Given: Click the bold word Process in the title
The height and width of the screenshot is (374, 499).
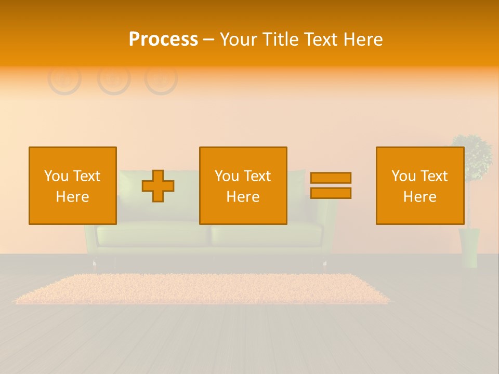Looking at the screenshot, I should coord(163,39).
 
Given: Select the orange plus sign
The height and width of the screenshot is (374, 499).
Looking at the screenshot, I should coord(158,186).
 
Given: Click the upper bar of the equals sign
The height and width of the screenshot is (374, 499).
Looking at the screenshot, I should coord(331,178).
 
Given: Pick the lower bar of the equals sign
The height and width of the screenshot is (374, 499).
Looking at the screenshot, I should coord(331,193).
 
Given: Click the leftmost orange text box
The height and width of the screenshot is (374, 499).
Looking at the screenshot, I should coord(73,156).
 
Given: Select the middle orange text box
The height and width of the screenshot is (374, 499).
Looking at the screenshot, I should coord(243,156).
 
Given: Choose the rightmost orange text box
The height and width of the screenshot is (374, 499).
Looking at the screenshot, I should coord(420,156).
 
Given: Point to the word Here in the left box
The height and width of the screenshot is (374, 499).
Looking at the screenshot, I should coord(72,197).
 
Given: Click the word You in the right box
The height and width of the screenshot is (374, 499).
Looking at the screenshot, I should coord(403,176).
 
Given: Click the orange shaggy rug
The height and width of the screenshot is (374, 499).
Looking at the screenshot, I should coord(203,289).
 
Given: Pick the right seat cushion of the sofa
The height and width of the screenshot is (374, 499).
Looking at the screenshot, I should coord(268,235).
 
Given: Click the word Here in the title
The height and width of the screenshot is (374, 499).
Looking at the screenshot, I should coord(363,39).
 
